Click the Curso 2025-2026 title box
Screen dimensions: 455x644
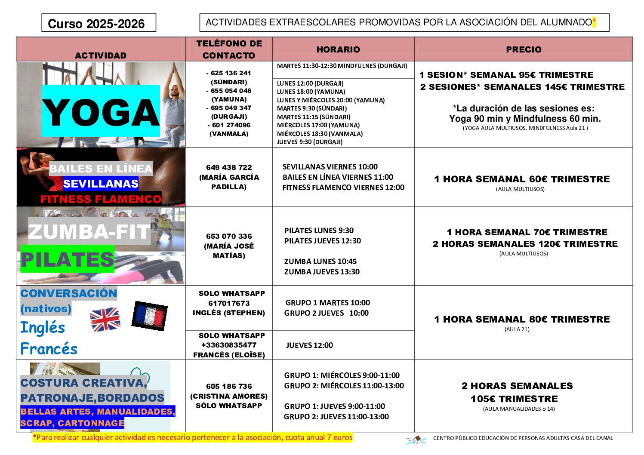[x=99, y=23]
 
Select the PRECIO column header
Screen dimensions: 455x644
[x=524, y=49]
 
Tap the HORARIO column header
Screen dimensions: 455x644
[x=338, y=49]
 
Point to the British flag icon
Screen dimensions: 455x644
[x=105, y=319]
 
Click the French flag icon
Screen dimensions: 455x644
[x=149, y=315]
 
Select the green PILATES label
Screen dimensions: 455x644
[x=68, y=259]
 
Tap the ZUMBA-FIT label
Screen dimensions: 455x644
[x=89, y=232]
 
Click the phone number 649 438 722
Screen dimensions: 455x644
[x=229, y=167]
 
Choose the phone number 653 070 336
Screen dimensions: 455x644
[x=229, y=236]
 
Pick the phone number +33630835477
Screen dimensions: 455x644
[x=229, y=345]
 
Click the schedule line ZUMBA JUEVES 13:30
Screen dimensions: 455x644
[x=322, y=272]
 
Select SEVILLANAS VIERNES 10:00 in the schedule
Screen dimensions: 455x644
[x=330, y=167]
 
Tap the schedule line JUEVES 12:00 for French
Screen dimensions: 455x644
[x=309, y=345]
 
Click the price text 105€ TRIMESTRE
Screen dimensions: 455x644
[x=514, y=399]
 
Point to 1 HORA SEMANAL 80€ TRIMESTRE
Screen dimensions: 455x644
[x=522, y=319]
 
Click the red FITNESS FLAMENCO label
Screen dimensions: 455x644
[x=101, y=199]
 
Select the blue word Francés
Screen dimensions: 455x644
[x=49, y=349]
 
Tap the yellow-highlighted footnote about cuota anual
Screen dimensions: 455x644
[x=193, y=438]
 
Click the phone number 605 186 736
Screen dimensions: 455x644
[x=229, y=386]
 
